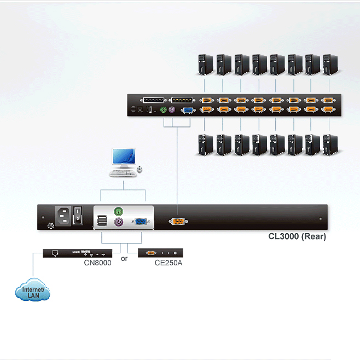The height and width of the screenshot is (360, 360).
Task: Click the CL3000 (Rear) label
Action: [x=297, y=236]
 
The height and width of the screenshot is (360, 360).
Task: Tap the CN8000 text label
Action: [x=97, y=263]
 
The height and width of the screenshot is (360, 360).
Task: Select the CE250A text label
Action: [x=169, y=263]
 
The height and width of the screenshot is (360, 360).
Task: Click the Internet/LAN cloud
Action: [x=33, y=290]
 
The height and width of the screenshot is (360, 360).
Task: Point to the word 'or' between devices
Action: [x=124, y=259]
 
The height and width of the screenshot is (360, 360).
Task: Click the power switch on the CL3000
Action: [x=78, y=216]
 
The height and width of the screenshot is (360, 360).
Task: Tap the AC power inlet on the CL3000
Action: [x=63, y=216]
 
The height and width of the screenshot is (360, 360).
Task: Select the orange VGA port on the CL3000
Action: [x=178, y=222]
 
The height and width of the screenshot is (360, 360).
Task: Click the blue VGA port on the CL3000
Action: [x=141, y=222]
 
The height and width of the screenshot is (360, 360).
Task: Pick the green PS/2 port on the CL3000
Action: [x=119, y=211]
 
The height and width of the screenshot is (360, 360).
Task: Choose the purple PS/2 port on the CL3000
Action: [x=119, y=222]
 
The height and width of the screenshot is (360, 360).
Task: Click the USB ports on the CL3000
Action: [x=102, y=220]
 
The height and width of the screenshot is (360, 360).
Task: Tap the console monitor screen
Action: [x=124, y=156]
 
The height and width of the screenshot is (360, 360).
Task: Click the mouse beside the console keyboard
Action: [x=140, y=170]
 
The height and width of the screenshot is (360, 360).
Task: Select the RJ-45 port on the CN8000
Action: [x=55, y=253]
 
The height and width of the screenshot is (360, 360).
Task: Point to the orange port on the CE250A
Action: [x=151, y=253]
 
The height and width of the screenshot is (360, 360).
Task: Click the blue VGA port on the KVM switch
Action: [x=188, y=111]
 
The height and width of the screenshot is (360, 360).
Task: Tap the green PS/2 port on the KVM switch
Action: [x=163, y=110]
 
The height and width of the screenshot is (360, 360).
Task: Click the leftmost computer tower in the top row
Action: [x=206, y=65]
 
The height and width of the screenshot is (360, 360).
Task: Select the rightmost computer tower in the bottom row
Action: [x=330, y=145]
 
